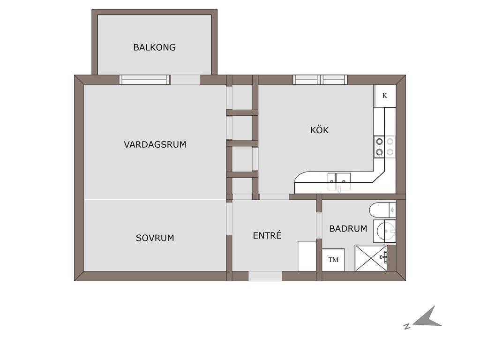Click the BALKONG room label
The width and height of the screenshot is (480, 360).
[154, 47]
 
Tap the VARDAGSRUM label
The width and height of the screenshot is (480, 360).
[155, 144]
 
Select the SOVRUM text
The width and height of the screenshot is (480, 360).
[155, 238]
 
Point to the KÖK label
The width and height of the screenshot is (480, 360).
[319, 130]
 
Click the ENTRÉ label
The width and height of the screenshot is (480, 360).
[267, 235]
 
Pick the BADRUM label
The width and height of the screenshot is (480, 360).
[348, 229]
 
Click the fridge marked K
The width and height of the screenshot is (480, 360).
[385, 96]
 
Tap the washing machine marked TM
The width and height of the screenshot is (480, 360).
[333, 260]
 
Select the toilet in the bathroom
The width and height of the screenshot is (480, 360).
[382, 210]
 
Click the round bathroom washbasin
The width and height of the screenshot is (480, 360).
[385, 231]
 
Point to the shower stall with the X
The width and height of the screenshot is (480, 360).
[371, 258]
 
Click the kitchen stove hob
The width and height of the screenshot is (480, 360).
[384, 147]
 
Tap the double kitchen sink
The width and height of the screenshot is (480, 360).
[339, 181]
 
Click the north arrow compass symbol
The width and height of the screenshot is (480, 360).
[427, 317]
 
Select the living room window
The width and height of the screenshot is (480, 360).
[144, 80]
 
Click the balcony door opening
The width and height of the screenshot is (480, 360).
[185, 80]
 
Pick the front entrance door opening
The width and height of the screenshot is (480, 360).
[265, 276]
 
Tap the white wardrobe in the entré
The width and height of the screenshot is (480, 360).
[307, 256]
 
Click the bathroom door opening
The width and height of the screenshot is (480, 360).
[319, 225]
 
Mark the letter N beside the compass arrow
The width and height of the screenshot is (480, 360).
[407, 326]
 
